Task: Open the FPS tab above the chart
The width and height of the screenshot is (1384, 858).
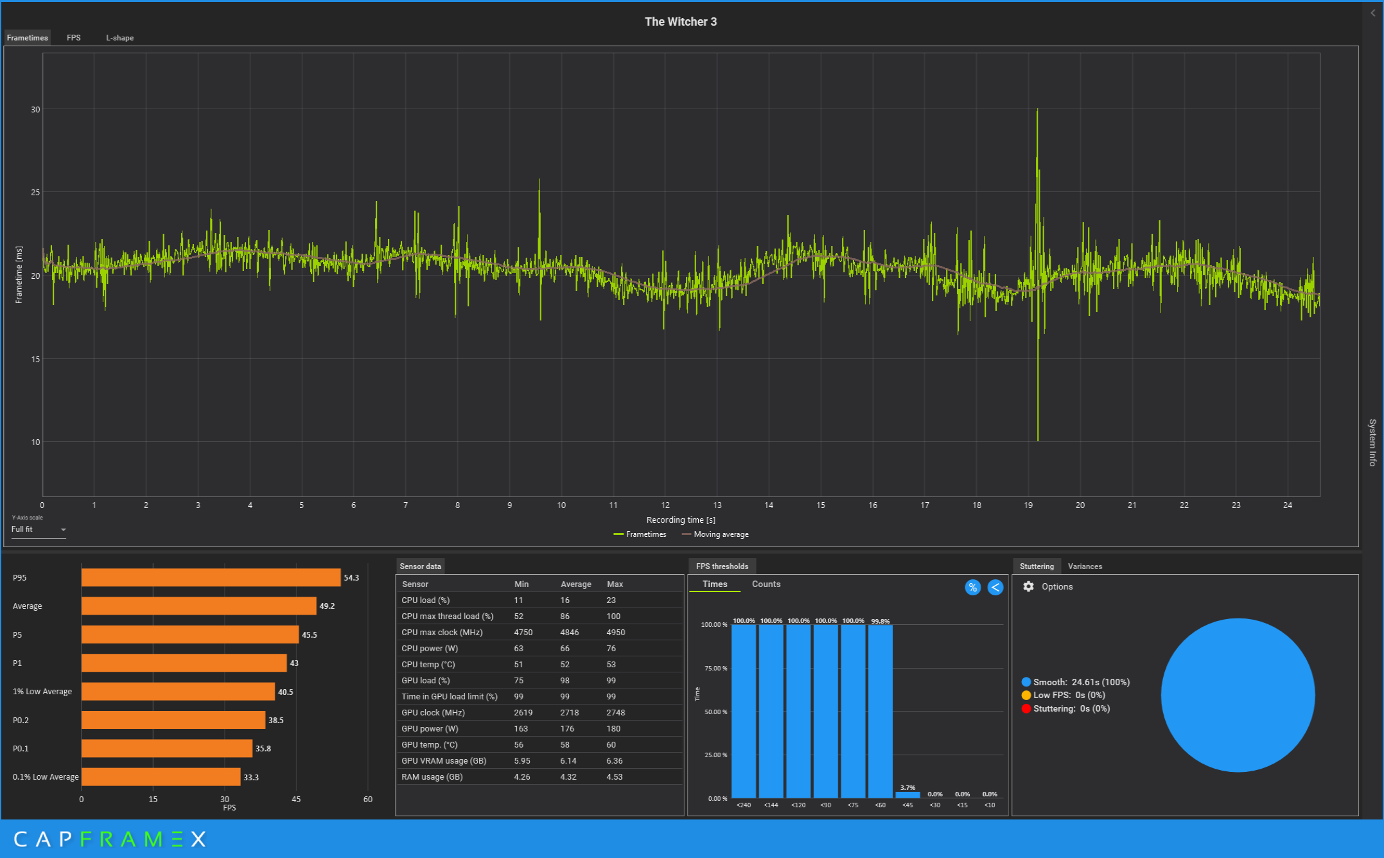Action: [x=74, y=38]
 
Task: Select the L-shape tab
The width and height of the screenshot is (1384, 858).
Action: [x=120, y=38]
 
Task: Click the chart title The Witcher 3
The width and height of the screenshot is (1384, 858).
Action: [x=680, y=22]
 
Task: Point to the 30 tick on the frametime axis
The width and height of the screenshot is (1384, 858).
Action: [x=35, y=110]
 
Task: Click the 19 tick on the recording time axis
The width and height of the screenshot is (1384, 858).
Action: [x=1028, y=505]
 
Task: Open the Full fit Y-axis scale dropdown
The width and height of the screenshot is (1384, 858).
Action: [x=39, y=530]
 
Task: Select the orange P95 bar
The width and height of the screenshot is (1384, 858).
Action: [x=211, y=578]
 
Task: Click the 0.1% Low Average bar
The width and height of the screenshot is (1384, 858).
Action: [x=161, y=777]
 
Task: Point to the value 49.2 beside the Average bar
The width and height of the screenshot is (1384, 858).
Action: [x=327, y=606]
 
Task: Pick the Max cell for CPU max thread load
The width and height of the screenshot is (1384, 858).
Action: [x=613, y=617]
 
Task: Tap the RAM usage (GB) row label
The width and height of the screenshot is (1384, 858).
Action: [x=432, y=777]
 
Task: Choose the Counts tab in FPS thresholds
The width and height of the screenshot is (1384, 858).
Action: [x=766, y=584]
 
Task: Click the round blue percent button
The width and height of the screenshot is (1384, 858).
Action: [x=972, y=588]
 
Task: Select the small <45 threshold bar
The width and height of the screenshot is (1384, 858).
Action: [x=907, y=795]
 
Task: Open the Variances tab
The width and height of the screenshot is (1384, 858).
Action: [x=1085, y=566]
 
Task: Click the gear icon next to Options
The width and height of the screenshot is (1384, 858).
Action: [x=1028, y=587]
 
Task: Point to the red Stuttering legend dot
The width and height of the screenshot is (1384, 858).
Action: [x=1026, y=709]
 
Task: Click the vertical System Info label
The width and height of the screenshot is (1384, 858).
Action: [x=1372, y=442]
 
